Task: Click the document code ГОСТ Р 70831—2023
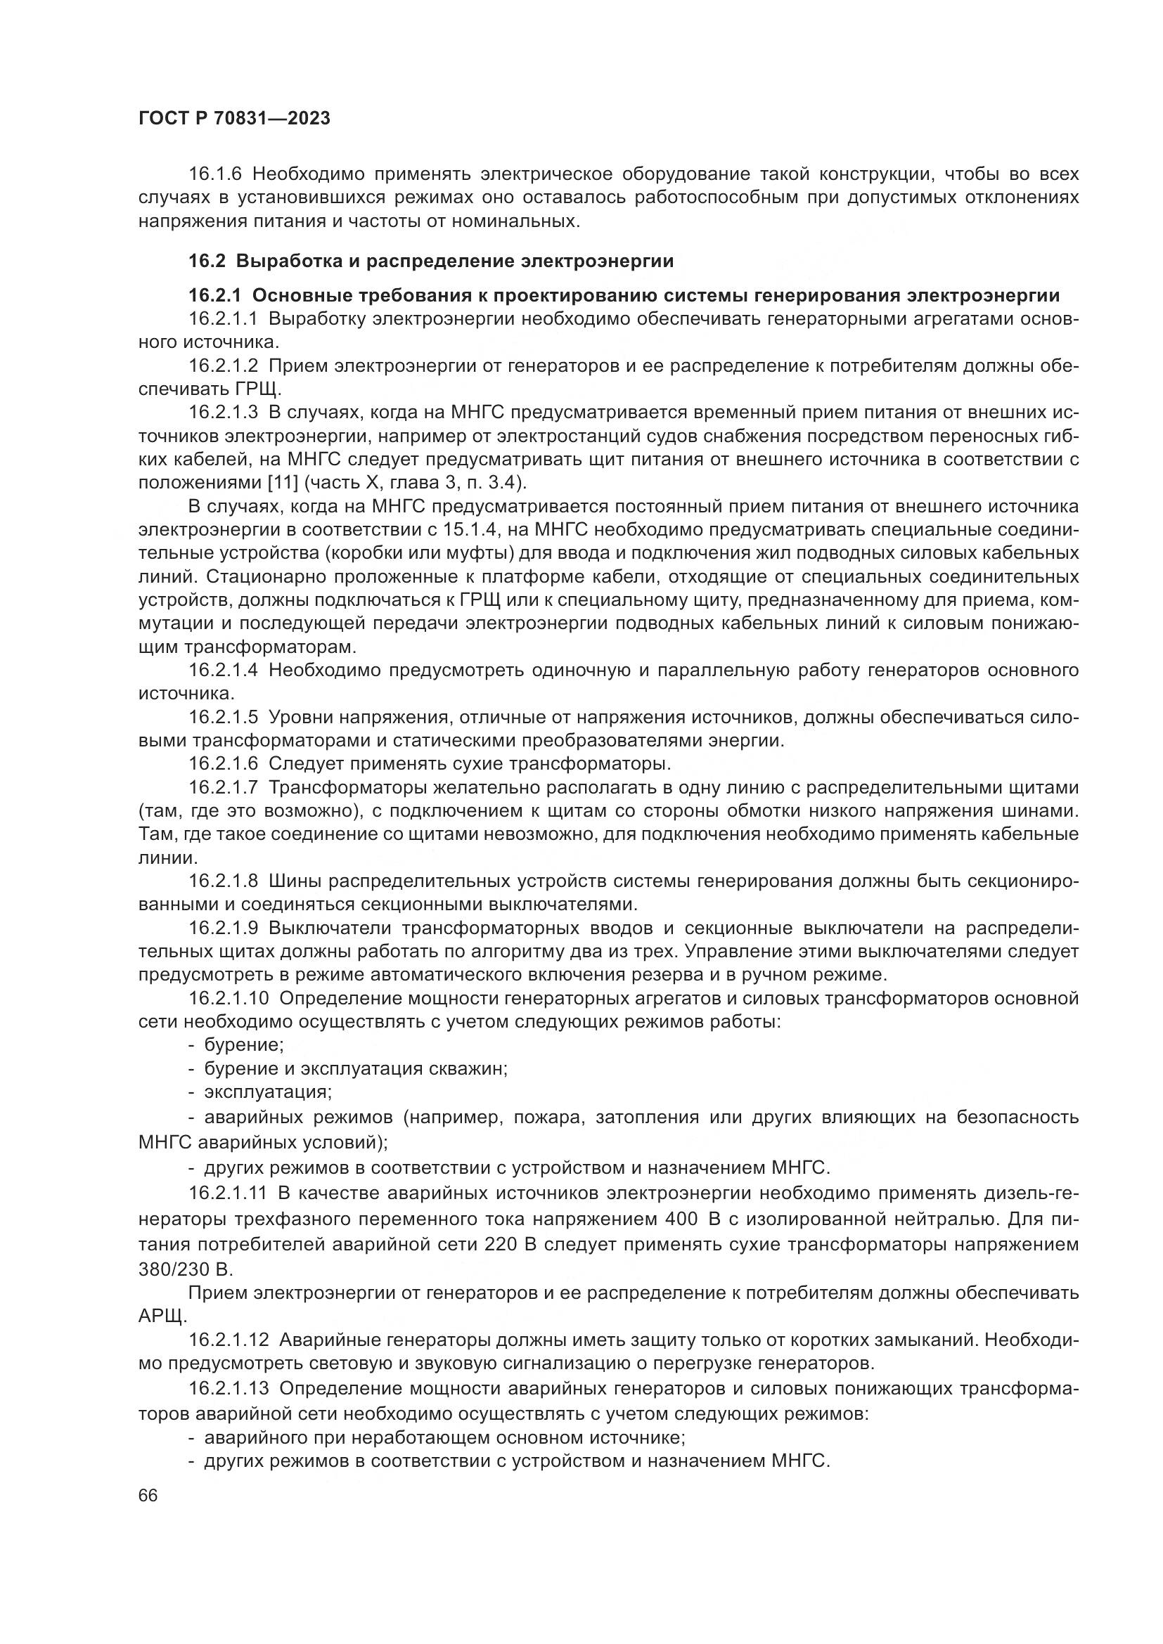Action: pyautogui.click(x=234, y=119)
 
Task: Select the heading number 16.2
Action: pyautogui.click(x=207, y=261)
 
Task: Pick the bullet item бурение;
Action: pyautogui.click(x=243, y=1045)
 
